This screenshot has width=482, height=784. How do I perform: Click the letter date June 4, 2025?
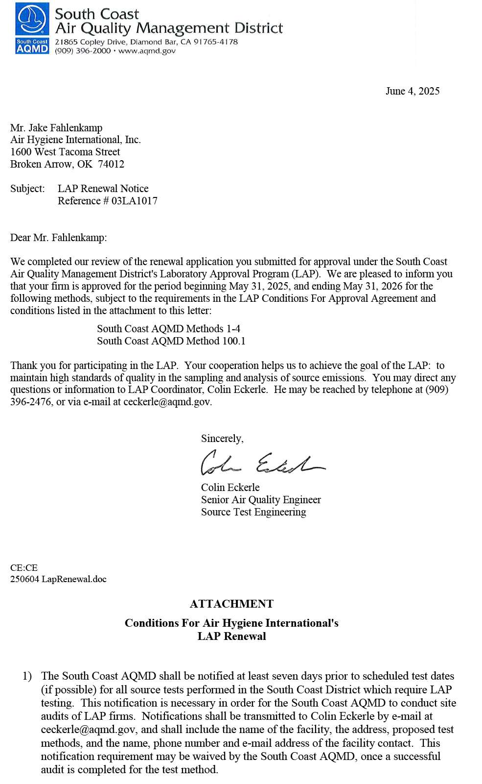(x=412, y=91)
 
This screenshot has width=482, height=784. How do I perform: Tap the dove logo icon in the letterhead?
(x=32, y=20)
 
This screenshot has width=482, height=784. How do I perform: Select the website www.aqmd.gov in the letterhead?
(x=147, y=51)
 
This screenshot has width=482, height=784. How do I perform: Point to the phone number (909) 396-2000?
(x=83, y=51)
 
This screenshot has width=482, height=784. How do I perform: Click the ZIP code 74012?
(x=111, y=164)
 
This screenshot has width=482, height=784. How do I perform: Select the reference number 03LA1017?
(x=135, y=201)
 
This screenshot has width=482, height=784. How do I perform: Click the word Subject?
(x=27, y=189)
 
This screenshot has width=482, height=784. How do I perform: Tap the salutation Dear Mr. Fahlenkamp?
(x=58, y=238)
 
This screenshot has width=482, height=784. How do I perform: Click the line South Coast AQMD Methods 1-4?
(x=168, y=329)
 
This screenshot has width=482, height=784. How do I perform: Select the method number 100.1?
(x=234, y=341)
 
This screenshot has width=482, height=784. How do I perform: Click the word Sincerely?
(x=222, y=439)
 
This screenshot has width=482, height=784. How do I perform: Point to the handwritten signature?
(x=262, y=463)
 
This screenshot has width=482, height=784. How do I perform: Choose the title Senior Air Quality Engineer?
(x=261, y=500)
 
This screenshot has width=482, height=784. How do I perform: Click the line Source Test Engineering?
(x=253, y=512)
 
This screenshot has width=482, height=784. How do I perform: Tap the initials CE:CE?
(x=24, y=568)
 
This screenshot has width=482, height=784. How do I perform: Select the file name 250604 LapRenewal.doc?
(x=58, y=579)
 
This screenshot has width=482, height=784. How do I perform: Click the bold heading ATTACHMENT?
(x=231, y=604)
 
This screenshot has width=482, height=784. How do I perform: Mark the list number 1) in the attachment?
(x=27, y=676)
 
